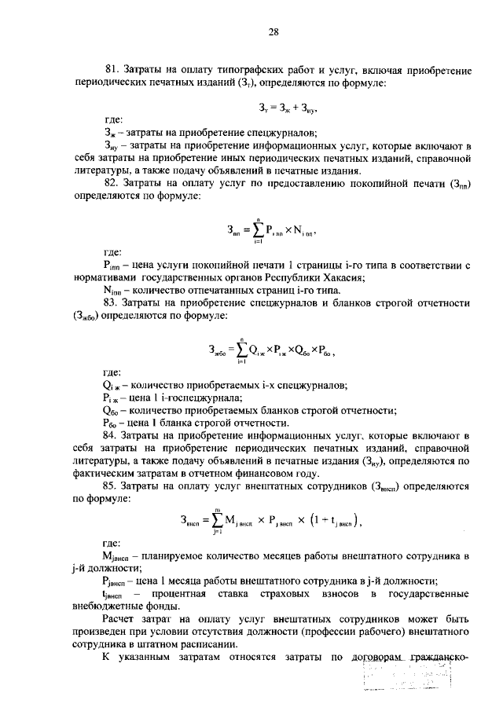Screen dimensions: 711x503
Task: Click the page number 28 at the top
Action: click(x=274, y=31)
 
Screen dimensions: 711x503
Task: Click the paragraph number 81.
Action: click(x=112, y=69)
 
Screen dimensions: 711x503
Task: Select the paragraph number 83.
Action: click(x=112, y=303)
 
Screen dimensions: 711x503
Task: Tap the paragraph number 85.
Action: click(x=112, y=487)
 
